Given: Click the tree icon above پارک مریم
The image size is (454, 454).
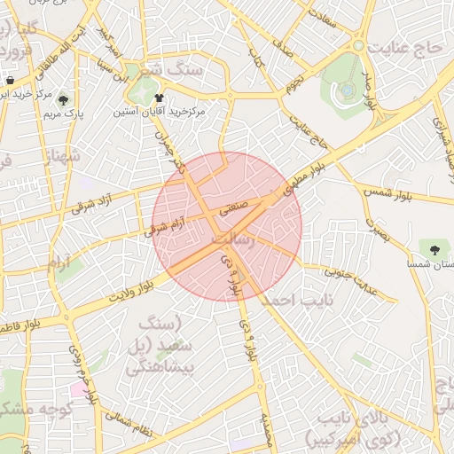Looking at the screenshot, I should (61, 100).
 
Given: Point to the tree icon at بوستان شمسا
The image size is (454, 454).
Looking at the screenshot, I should (434, 247).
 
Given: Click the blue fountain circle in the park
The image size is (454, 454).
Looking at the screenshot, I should (348, 90).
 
